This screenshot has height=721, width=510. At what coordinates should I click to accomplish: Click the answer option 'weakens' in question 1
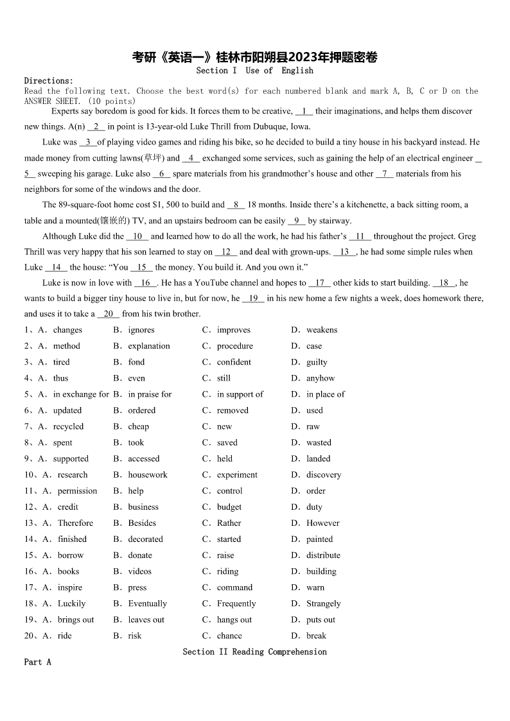point(321,330)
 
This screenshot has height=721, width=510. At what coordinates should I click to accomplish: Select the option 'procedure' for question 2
point(234,346)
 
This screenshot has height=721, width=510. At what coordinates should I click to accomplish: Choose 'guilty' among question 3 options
point(317,362)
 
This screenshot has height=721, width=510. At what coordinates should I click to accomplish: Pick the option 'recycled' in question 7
point(68,426)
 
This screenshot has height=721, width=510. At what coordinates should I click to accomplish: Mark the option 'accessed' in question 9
point(143,459)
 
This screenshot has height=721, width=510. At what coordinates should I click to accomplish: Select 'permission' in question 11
point(77,491)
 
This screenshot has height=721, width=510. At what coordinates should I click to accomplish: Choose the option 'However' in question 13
point(322,523)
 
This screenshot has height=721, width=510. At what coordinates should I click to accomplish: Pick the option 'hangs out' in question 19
point(234,620)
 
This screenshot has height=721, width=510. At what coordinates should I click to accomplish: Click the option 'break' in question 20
point(316,636)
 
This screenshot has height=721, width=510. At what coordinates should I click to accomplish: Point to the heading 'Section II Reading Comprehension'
point(254,652)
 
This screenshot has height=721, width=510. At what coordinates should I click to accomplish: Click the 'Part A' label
point(37,662)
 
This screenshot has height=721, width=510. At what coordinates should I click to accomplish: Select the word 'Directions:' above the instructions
point(49,81)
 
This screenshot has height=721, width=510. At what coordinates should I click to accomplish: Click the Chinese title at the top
point(254,57)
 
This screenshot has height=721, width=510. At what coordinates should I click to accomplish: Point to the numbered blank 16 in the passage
point(145,283)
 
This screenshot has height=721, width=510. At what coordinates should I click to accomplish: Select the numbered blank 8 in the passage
point(236,205)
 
